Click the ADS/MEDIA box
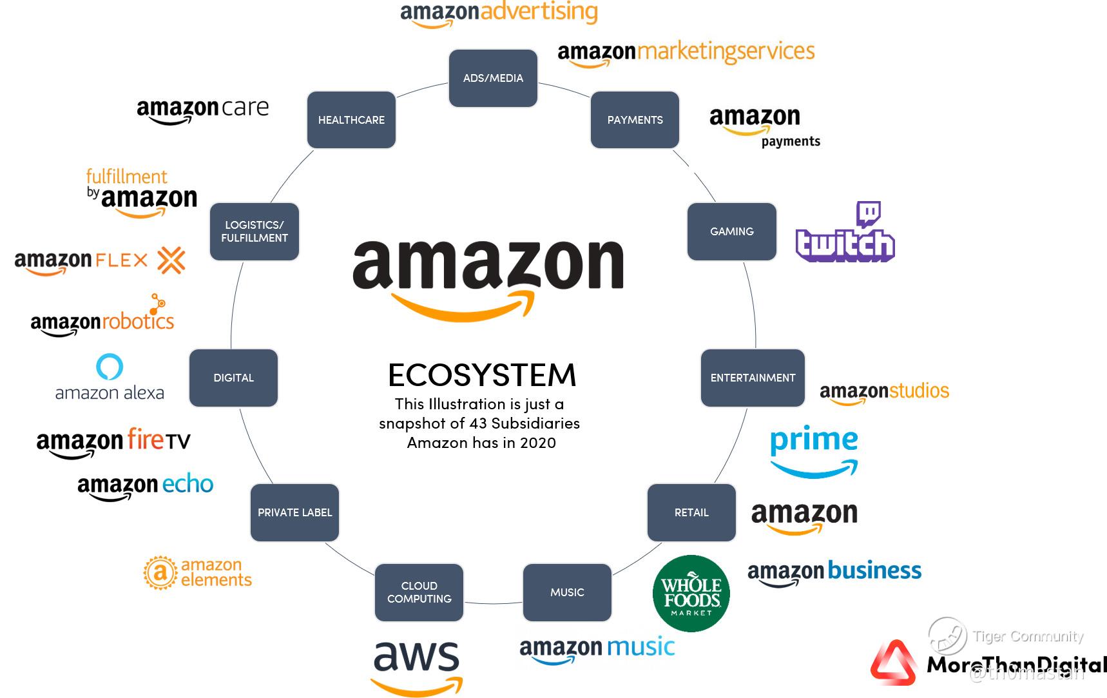[x=493, y=78]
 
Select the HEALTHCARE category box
[x=351, y=120]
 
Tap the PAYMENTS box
[x=635, y=120]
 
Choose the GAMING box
[x=732, y=231]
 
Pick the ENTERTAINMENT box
[x=753, y=378]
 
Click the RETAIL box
[x=691, y=512]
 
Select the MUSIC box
[x=567, y=592]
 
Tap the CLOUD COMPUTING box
[x=419, y=592]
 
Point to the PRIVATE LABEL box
[x=294, y=512]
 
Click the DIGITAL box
[x=233, y=378]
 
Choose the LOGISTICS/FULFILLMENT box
[x=255, y=231]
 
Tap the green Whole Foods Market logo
[x=691, y=594]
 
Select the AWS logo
[x=417, y=666]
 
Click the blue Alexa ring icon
[x=110, y=366]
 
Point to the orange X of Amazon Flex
[x=171, y=260]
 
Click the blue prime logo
[x=814, y=451]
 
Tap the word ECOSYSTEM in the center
[x=482, y=375]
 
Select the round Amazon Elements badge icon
[x=160, y=572]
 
